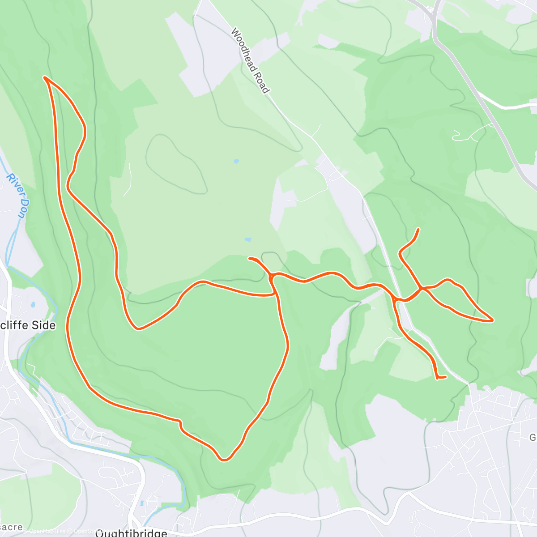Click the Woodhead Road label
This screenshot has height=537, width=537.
pyautogui.click(x=250, y=61)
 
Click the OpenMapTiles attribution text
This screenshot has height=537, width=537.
pyautogui.click(x=45, y=531)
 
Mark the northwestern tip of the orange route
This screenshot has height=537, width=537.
pyautogui.click(x=45, y=77)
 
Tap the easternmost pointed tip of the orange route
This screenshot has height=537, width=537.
pyautogui.click(x=492, y=320)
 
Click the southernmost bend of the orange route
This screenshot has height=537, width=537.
pyautogui.click(x=224, y=460)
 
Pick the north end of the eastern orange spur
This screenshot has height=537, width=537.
pyautogui.click(x=418, y=229)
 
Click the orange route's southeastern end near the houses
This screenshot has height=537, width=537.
pyautogui.click(x=445, y=377)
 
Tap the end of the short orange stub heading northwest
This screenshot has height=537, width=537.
pyautogui.click(x=250, y=258)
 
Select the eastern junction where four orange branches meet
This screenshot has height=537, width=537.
pyautogui.click(x=421, y=289)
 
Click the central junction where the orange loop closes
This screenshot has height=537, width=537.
pyautogui.click(x=272, y=277)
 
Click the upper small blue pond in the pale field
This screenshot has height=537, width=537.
pyautogui.click(x=236, y=161)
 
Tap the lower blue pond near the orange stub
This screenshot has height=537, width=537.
pyautogui.click(x=248, y=239)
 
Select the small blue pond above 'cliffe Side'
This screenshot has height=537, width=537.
pyautogui.click(x=33, y=305)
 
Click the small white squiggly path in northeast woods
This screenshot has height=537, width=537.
pyautogui.click(x=465, y=133)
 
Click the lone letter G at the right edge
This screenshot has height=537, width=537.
pyautogui.click(x=533, y=437)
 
